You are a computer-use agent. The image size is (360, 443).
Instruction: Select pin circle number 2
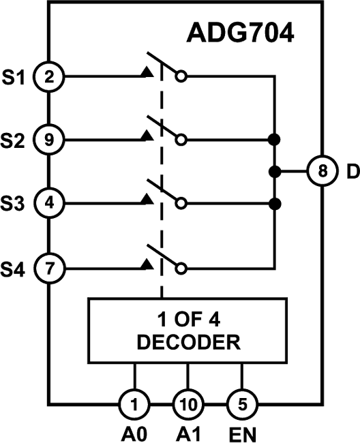(49, 77)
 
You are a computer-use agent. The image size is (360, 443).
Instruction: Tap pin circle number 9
(49, 140)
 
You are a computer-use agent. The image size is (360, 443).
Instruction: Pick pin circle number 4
(49, 202)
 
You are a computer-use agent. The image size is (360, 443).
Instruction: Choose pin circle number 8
(320, 171)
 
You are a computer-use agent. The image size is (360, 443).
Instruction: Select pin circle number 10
(187, 403)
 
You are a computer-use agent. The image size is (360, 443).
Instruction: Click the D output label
(351, 171)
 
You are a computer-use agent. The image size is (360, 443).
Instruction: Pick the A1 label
(187, 432)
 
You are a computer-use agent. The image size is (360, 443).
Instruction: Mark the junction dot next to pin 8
(273, 171)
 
